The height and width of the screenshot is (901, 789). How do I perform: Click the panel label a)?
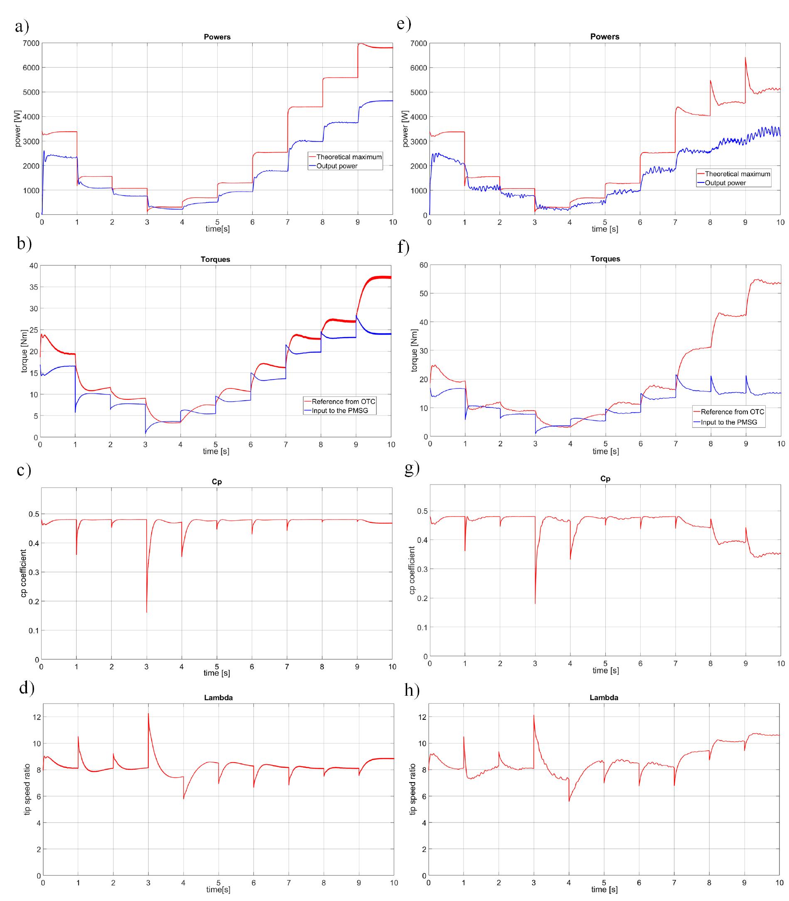pos(22,27)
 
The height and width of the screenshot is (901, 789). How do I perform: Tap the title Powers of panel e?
pos(605,37)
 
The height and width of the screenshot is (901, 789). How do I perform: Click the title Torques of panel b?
pos(215,259)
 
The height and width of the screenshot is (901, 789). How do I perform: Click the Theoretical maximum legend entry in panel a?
pos(349,157)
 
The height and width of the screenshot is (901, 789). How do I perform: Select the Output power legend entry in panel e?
pos(725,183)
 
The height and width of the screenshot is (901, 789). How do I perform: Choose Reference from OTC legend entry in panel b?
pos(344,401)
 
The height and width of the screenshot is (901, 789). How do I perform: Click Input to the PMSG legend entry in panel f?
pos(729,422)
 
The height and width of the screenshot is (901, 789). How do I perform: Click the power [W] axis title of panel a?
pos(18,129)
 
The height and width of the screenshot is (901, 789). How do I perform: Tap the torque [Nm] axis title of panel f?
pos(414,350)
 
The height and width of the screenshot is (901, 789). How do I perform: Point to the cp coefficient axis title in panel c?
pos(23,574)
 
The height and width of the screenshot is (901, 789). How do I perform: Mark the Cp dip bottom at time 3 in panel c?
pos(147,612)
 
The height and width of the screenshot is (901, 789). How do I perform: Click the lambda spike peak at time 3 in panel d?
pos(148,714)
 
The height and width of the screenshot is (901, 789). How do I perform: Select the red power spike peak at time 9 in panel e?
pos(745,58)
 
